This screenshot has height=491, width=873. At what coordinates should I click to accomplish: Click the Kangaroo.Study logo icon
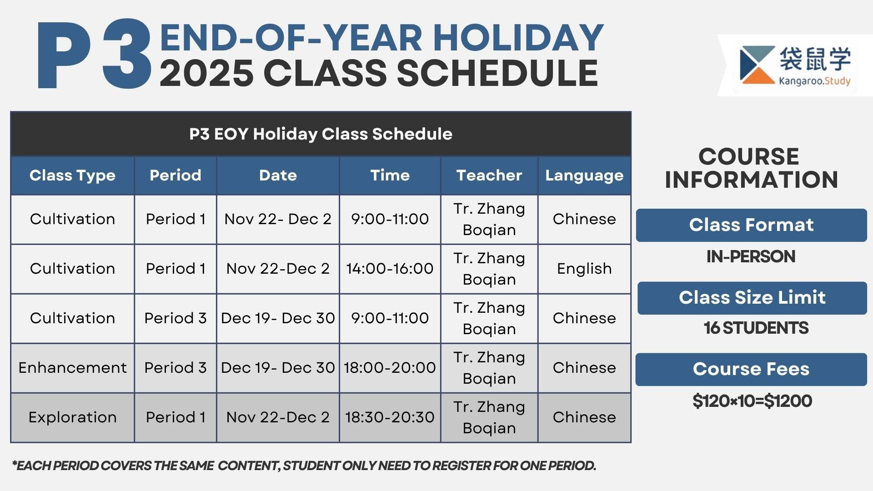coord(758,65)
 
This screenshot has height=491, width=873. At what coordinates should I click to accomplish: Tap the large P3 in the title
coord(94,54)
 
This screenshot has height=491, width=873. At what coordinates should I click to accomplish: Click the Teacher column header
coord(489,175)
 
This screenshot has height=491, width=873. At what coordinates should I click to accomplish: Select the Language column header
coord(584,176)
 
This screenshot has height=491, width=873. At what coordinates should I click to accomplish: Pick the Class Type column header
coord(72,176)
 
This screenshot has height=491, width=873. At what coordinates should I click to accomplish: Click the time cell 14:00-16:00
coord(390,269)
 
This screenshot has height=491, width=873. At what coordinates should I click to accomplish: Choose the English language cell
coord(584,269)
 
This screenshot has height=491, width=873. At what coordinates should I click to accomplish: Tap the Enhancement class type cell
coord(72,368)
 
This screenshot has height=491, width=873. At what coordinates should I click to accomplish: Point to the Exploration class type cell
coord(72,418)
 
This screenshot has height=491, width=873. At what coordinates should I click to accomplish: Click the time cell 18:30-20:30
coord(390,417)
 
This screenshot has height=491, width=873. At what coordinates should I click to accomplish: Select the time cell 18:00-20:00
coord(390,368)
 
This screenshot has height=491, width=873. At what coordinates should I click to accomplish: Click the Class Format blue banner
coord(751,225)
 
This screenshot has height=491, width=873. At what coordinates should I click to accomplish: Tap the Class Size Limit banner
coord(752,298)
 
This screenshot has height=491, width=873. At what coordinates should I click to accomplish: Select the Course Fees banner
coord(751,369)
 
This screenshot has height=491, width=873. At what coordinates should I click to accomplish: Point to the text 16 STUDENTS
coord(756,328)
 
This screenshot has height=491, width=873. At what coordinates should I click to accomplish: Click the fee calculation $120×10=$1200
coord(752,401)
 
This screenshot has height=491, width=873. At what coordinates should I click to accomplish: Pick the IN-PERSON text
coord(751,256)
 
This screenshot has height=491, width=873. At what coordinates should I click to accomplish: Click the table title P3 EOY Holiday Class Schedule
coord(321,134)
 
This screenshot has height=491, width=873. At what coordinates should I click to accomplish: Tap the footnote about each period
coord(304,466)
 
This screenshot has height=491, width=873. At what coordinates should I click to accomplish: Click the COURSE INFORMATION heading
coord(751,168)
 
